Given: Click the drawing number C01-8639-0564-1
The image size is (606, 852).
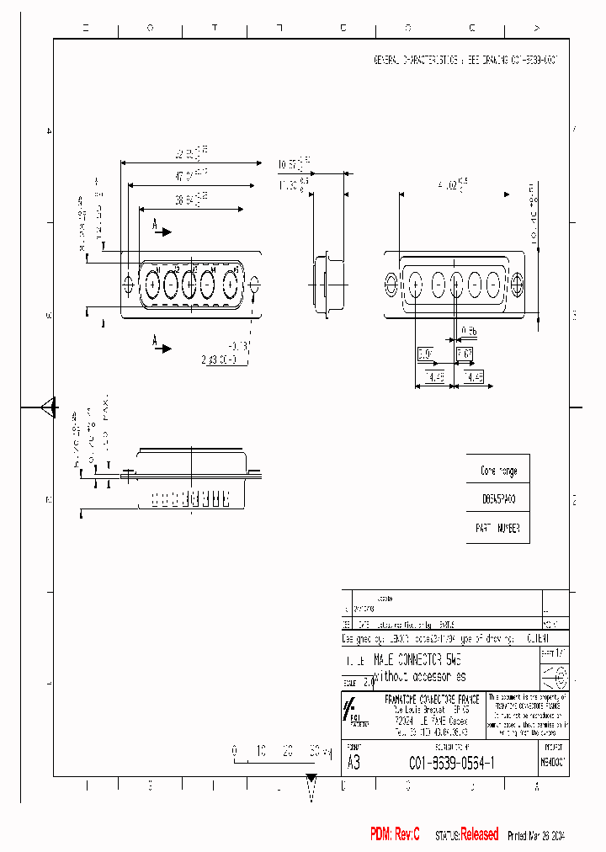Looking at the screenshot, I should (451, 763).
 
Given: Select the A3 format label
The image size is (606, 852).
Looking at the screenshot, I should (354, 763).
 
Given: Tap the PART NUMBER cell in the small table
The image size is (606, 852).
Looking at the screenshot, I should (498, 528).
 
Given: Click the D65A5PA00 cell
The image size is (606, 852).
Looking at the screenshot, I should (498, 499).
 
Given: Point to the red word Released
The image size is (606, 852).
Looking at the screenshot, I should (479, 834).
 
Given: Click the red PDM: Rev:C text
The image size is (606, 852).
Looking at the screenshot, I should (395, 834).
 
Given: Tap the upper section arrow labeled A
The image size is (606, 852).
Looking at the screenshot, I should (161, 228).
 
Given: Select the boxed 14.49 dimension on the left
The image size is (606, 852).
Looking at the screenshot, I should (436, 376).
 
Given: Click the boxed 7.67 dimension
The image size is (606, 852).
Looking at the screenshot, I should (465, 354).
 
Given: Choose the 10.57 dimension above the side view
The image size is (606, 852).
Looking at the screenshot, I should (295, 163).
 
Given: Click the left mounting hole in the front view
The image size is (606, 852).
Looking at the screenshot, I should (128, 285).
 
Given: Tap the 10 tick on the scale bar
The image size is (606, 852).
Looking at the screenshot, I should (262, 750).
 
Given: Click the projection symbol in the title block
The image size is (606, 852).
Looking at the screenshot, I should (555, 677).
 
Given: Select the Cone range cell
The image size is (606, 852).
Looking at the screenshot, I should (498, 471).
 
